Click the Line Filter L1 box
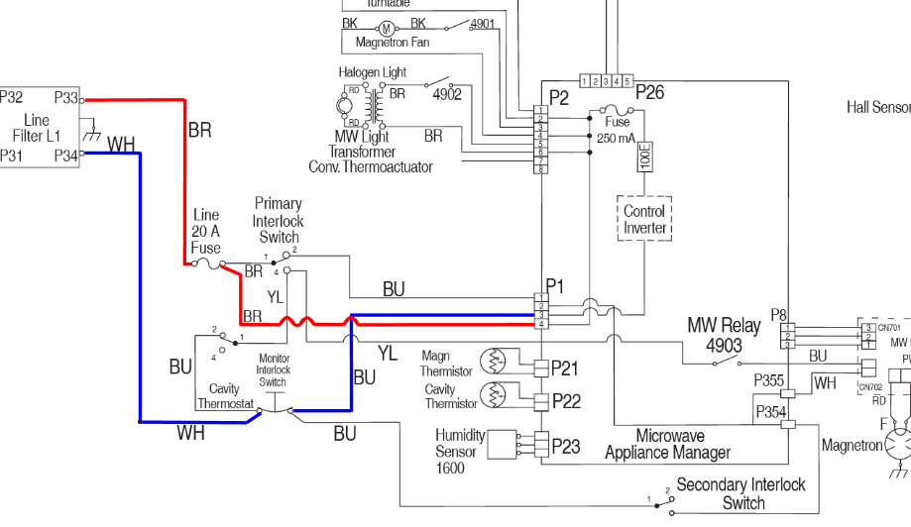[x=40, y=127]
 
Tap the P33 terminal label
[x=66, y=98]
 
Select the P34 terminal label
[x=66, y=156]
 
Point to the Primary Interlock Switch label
[x=279, y=220]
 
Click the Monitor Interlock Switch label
[x=273, y=369]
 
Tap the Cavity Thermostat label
[x=226, y=396]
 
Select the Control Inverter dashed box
[x=644, y=219]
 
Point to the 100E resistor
[x=644, y=156]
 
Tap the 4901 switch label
[x=482, y=24]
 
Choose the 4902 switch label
[x=448, y=94]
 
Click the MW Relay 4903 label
[x=724, y=335]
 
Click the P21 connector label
[x=565, y=369]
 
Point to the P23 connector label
[x=565, y=447]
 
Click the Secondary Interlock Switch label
[x=741, y=493]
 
